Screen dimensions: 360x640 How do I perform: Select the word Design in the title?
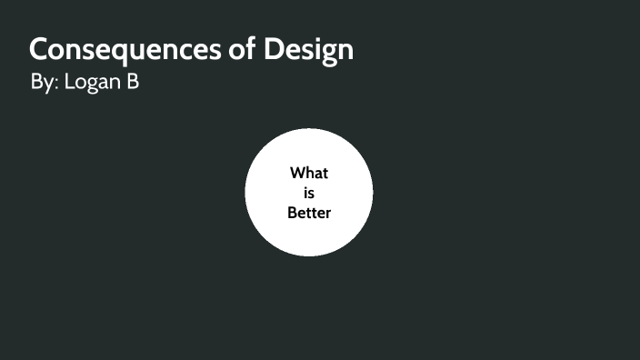308,49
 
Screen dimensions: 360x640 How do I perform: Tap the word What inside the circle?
309,173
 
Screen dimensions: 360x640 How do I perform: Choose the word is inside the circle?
309,193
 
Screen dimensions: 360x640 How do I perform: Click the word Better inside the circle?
309,213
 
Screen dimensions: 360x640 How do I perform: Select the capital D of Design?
275,49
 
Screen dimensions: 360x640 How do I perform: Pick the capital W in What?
297,173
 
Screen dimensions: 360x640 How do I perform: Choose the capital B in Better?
292,213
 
